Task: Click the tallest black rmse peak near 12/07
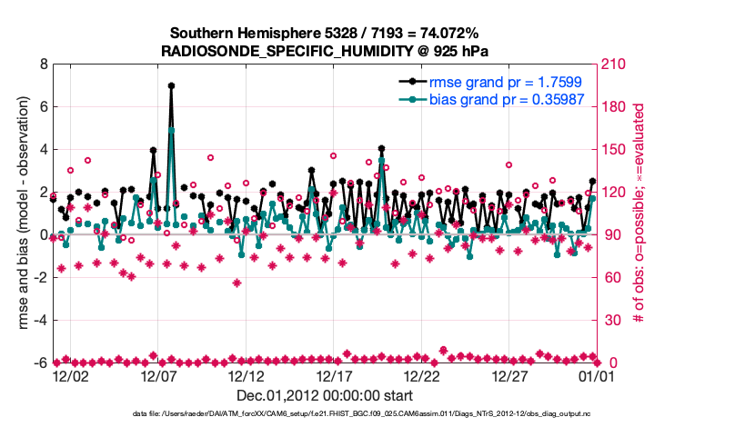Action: coord(171,85)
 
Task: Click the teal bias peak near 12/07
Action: coord(171,130)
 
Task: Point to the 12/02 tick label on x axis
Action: coord(70,375)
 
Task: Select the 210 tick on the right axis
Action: coord(612,65)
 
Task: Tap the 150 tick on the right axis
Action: coord(612,150)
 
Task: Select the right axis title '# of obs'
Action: coord(639,214)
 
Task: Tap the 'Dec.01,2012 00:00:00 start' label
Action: coord(325,395)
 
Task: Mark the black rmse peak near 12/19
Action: coord(381,148)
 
